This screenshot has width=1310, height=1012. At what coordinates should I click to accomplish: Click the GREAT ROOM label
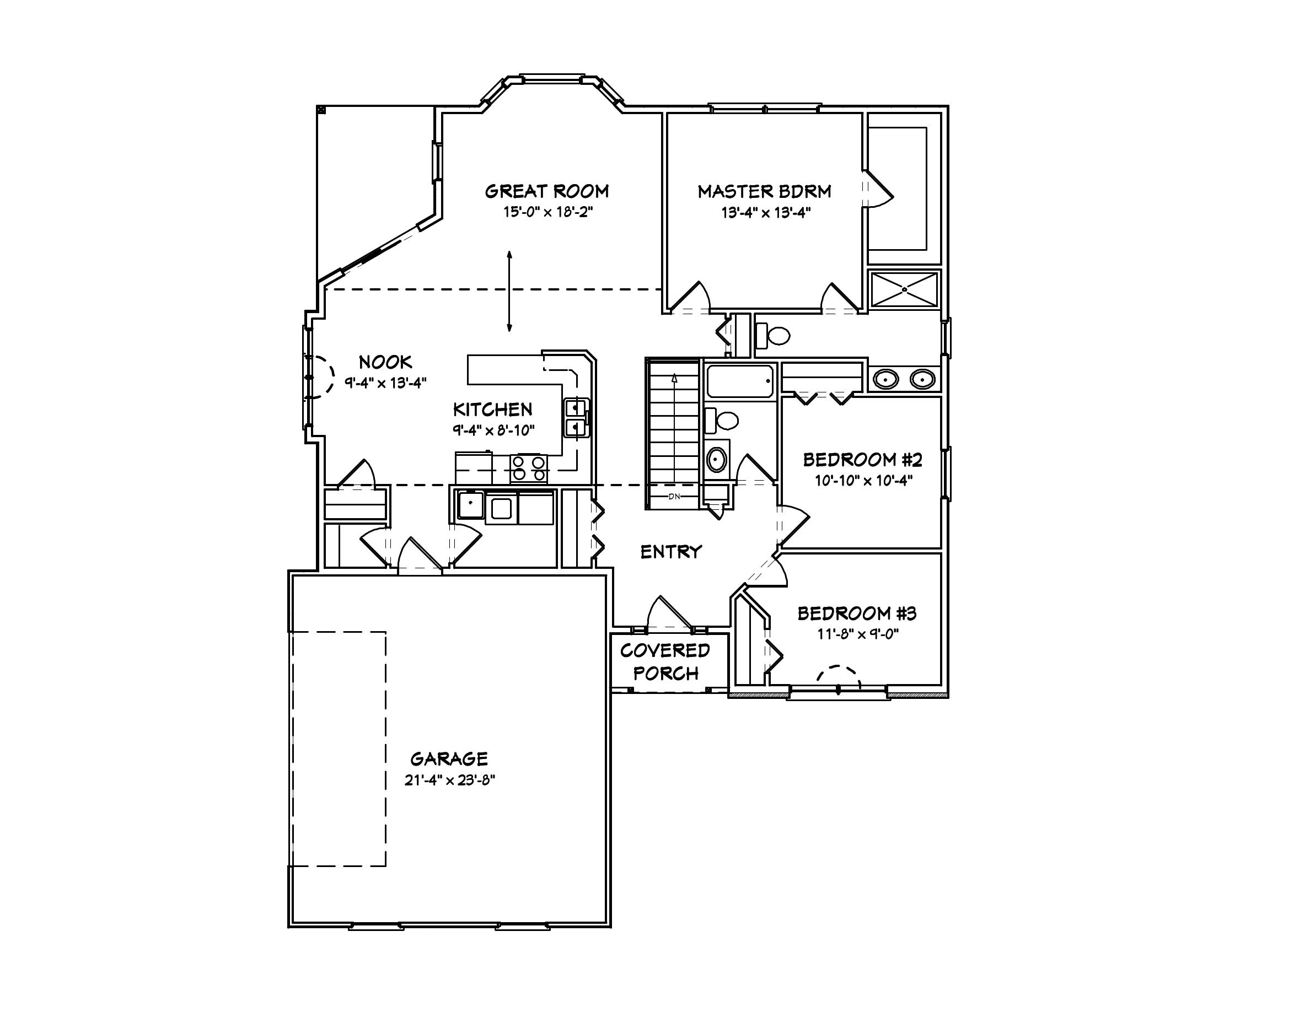tap(546, 191)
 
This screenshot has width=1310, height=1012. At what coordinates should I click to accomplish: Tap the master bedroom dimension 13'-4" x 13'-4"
tap(765, 213)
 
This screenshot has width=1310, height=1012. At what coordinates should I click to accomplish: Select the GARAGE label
tap(449, 759)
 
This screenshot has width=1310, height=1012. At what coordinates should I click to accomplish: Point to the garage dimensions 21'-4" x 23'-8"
tap(449, 780)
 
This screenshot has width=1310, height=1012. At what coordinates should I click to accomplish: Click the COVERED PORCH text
tap(664, 662)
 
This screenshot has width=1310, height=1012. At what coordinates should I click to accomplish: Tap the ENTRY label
tap(670, 552)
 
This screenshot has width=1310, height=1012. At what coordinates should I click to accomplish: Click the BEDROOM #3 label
tap(857, 613)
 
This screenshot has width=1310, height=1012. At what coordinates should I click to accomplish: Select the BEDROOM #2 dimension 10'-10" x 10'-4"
tap(863, 480)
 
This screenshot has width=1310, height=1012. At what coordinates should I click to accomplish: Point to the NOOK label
tap(385, 362)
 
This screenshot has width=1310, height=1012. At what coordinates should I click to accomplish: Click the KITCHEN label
tap(492, 410)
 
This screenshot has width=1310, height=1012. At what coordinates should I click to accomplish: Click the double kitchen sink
tap(575, 418)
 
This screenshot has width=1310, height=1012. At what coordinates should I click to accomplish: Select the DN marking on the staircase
tap(674, 497)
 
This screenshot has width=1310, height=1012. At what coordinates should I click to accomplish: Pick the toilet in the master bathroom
tap(773, 336)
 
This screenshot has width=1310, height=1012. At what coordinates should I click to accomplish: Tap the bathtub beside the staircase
tap(739, 381)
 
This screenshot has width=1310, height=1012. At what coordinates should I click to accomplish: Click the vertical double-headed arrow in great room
tap(509, 292)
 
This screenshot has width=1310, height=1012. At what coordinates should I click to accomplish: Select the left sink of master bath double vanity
tap(885, 379)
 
